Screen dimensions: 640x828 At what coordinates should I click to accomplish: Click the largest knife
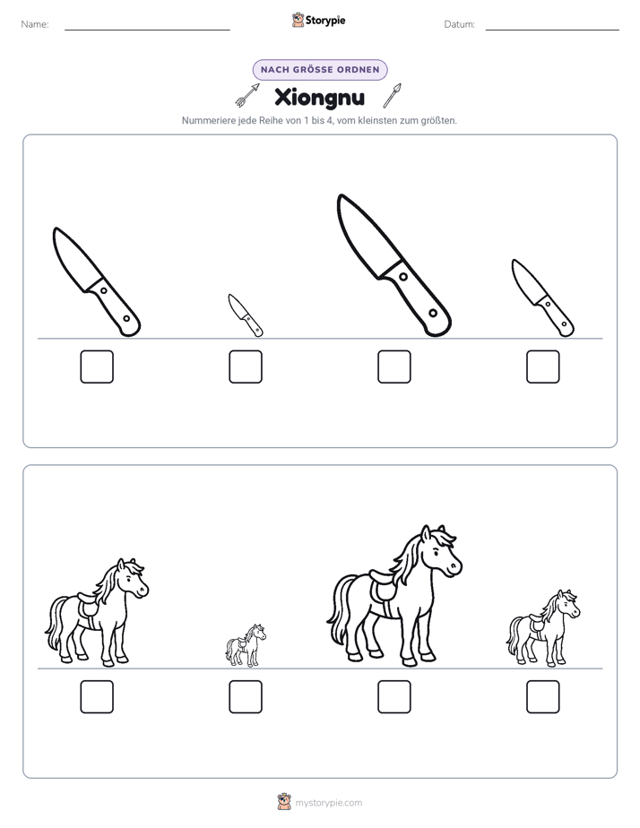[x=394, y=265]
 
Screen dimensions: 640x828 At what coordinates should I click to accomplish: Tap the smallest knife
[x=245, y=315]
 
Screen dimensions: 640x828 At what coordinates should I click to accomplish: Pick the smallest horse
[x=246, y=645]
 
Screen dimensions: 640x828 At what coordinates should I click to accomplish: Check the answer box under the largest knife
[x=394, y=367]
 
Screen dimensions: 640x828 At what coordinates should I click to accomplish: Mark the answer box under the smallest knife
[x=246, y=367]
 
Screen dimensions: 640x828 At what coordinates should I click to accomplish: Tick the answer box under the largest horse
[x=394, y=696]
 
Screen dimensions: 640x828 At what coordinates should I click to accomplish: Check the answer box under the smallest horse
[x=246, y=696]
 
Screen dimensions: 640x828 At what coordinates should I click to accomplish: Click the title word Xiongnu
[x=319, y=97]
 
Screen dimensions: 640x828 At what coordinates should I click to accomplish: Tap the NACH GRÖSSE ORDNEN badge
[x=320, y=70]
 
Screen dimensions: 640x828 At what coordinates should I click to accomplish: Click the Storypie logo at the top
[x=318, y=20]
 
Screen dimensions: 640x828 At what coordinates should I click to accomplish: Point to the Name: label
[x=35, y=24]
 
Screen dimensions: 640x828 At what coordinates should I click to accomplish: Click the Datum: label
[x=460, y=24]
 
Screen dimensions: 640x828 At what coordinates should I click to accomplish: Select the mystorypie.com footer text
[x=328, y=803]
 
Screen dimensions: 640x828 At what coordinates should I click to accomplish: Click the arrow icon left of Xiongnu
[x=247, y=95]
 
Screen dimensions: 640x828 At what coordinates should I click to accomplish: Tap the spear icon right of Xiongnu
[x=392, y=96]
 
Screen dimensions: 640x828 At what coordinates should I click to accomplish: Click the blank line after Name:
[x=147, y=30]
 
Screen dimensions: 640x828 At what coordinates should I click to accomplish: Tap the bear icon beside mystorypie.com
[x=284, y=802]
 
